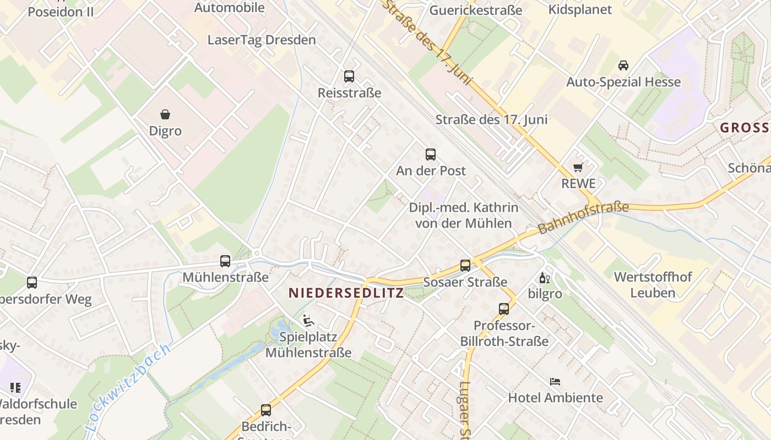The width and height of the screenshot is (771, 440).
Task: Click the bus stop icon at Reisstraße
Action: point(349,76)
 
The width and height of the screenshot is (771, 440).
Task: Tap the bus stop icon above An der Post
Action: point(431,155)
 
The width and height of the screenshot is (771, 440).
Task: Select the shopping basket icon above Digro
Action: point(165,114)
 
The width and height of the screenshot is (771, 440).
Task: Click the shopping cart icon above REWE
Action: point(578,167)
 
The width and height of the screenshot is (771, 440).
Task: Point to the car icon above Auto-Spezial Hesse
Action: point(623,65)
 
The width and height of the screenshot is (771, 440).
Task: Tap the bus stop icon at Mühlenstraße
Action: point(225,261)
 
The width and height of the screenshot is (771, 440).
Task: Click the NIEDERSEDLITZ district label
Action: point(346,293)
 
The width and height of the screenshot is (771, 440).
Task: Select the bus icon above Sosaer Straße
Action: point(465,266)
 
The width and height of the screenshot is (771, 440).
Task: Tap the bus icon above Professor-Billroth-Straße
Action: point(504,309)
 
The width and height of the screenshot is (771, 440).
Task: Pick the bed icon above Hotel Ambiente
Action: point(555,381)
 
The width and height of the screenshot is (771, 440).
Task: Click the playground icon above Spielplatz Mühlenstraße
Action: point(308,320)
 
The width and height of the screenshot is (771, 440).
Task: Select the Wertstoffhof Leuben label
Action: point(653,284)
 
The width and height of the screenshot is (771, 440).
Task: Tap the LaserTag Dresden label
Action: point(262,40)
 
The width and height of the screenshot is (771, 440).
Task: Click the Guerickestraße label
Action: point(476,10)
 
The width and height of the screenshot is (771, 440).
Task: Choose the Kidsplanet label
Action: point(580,9)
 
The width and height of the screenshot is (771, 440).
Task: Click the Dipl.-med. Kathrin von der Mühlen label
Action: point(463,215)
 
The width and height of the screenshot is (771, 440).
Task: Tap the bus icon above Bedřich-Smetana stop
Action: point(266,410)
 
